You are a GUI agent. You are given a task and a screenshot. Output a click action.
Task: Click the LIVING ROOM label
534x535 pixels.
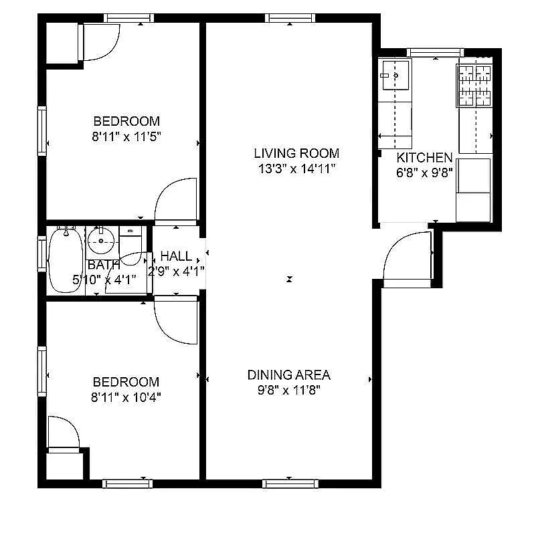pyautogui.click(x=296, y=153)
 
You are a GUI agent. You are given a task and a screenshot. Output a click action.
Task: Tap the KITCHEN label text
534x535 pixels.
pyautogui.click(x=424, y=158)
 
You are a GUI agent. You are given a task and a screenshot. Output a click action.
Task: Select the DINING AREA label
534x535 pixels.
pyautogui.click(x=288, y=375)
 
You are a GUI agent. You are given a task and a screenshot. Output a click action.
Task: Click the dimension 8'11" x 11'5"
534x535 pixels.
pyautogui.click(x=126, y=136)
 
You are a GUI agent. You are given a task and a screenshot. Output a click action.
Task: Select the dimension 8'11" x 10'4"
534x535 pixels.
pyautogui.click(x=126, y=397)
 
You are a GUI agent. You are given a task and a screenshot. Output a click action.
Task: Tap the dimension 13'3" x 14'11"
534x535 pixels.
pyautogui.click(x=296, y=169)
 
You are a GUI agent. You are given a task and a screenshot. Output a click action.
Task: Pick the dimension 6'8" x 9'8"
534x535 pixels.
pyautogui.click(x=424, y=173)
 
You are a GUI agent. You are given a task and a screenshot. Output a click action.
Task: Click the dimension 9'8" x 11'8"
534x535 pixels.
pyautogui.click(x=288, y=391)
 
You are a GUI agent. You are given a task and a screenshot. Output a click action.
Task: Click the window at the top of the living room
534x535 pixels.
pyautogui.click(x=289, y=18)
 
